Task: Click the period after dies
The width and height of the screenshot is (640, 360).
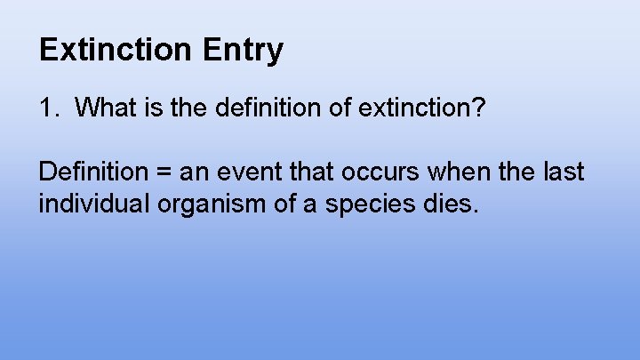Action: pyautogui.click(x=476, y=212)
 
